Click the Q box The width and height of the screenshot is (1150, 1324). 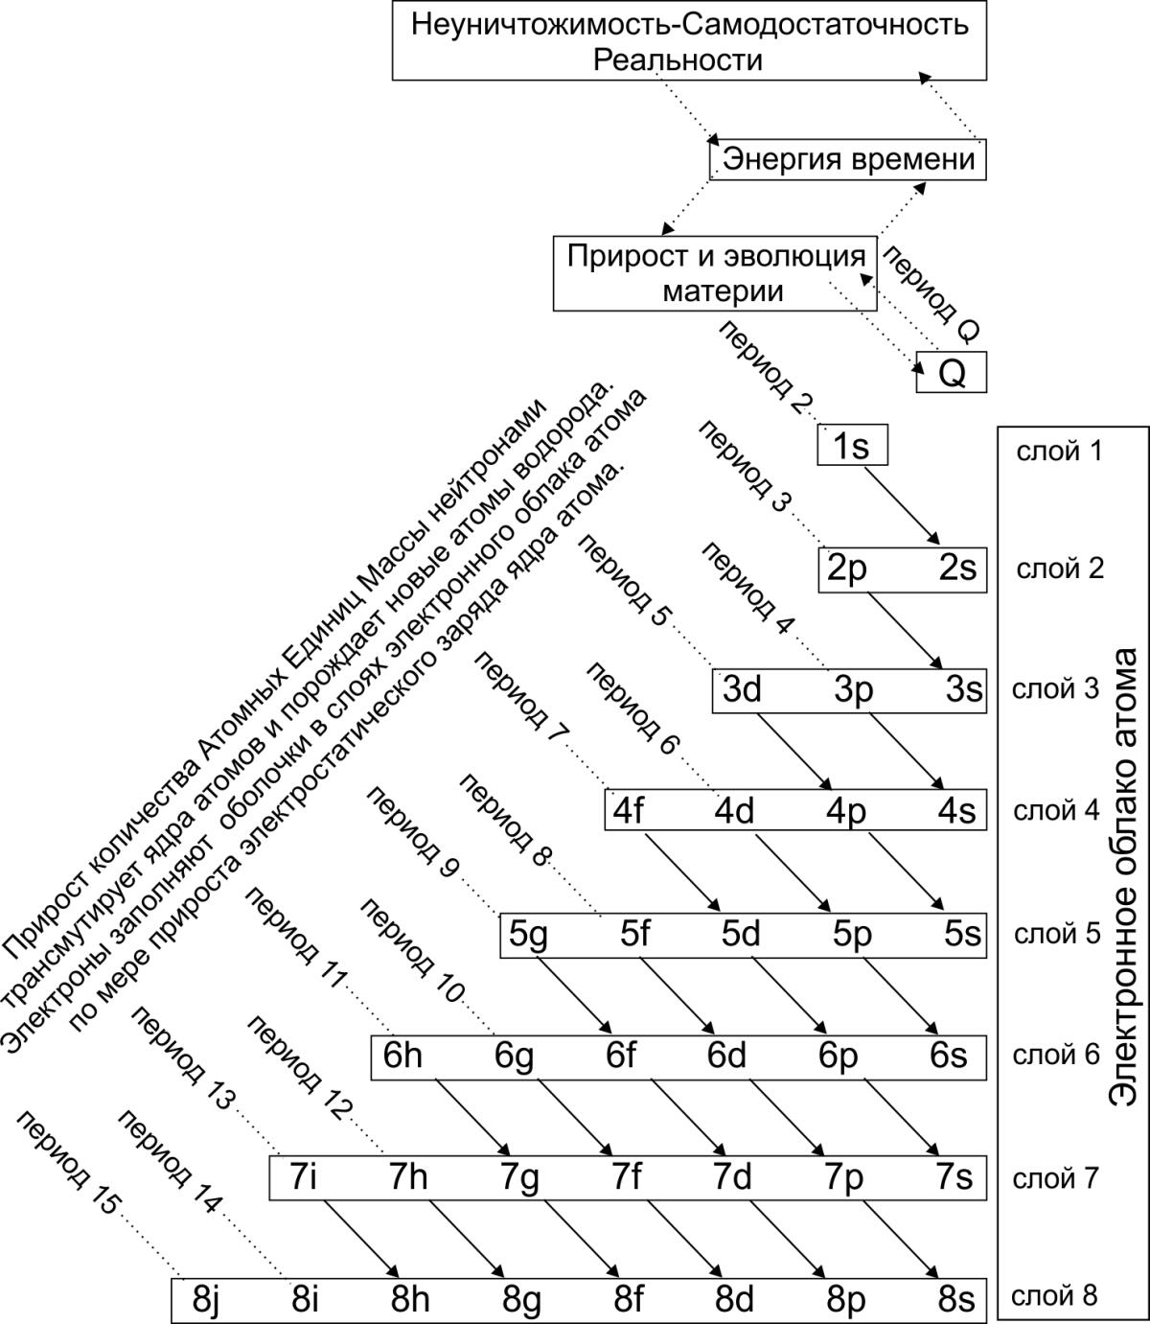click(x=951, y=372)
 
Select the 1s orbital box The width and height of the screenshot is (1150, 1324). click(x=852, y=447)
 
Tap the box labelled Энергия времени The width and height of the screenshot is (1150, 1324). click(x=848, y=159)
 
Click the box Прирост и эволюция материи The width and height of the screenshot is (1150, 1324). click(x=715, y=273)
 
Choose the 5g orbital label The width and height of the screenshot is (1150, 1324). click(x=528, y=935)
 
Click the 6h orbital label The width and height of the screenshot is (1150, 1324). click(x=402, y=1056)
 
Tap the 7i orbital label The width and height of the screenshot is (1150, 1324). click(x=303, y=1176)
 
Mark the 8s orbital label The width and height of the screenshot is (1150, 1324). click(x=956, y=1299)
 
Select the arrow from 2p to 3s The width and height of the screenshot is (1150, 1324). click(x=905, y=628)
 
